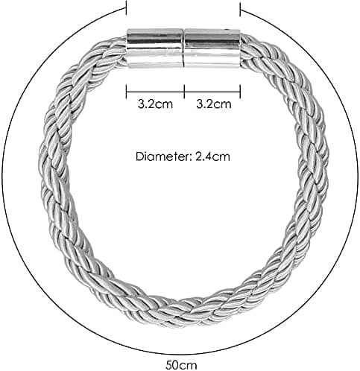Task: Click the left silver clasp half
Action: [155, 48]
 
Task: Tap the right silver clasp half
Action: [212, 48]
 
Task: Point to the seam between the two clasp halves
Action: [183, 48]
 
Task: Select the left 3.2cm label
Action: [155, 104]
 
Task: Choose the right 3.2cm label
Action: [214, 104]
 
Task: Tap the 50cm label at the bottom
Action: [181, 365]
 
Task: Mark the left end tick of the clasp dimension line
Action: [127, 92]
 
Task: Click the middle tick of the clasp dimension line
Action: [184, 92]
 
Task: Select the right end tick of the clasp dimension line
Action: [240, 92]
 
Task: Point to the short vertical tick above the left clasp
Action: [127, 7]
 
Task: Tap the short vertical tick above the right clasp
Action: [240, 8]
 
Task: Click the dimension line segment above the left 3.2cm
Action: [155, 92]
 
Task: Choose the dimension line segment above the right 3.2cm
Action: [212, 92]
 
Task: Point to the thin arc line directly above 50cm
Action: [181, 355]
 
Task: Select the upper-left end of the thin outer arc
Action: [124, 9]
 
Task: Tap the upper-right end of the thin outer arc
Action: [242, 10]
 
